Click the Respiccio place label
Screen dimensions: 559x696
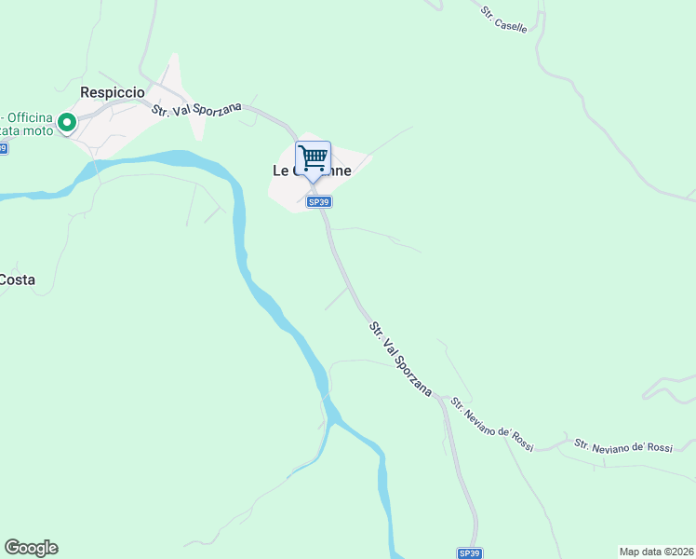click(113, 92)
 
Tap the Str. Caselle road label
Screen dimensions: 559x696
click(504, 20)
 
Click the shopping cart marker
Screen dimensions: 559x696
click(313, 157)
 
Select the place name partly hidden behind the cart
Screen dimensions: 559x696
click(312, 170)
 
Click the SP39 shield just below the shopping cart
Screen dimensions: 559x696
click(318, 201)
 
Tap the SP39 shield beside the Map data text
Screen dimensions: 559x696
click(470, 552)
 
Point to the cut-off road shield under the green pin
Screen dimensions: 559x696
click(3, 148)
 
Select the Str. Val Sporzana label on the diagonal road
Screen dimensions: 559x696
click(400, 359)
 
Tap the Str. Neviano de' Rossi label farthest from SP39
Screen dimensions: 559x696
click(622, 446)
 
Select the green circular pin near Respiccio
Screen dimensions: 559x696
click(67, 122)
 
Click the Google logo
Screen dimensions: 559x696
click(31, 548)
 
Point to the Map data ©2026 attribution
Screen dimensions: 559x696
click(656, 551)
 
